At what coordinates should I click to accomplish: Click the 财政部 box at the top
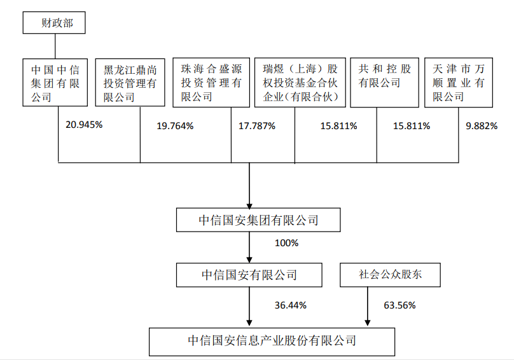click(54, 23)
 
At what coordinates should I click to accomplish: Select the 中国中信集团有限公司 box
click(55, 82)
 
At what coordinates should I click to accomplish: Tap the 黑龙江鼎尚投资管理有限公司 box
click(130, 82)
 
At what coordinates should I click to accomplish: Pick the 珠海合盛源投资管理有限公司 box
click(211, 82)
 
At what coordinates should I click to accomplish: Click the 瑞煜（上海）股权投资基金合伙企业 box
click(300, 82)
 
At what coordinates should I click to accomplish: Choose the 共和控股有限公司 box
click(384, 82)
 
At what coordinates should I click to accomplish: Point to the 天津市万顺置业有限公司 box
click(459, 82)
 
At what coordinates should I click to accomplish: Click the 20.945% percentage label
click(84, 125)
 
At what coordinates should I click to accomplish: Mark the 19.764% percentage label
click(175, 126)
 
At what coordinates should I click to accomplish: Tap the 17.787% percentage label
click(257, 126)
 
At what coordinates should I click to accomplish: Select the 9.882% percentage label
click(482, 126)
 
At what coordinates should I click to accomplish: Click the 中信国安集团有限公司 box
click(258, 220)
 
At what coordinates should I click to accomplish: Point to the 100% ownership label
click(286, 243)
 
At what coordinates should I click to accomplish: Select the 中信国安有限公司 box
click(249, 275)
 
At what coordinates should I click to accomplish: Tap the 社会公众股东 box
click(390, 275)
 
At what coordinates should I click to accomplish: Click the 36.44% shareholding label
click(291, 305)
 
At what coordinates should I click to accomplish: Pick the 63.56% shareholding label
click(399, 305)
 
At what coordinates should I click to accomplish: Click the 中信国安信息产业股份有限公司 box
click(272, 342)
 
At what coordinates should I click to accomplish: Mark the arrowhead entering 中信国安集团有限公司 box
click(249, 206)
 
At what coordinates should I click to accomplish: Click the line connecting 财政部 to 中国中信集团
click(55, 46)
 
